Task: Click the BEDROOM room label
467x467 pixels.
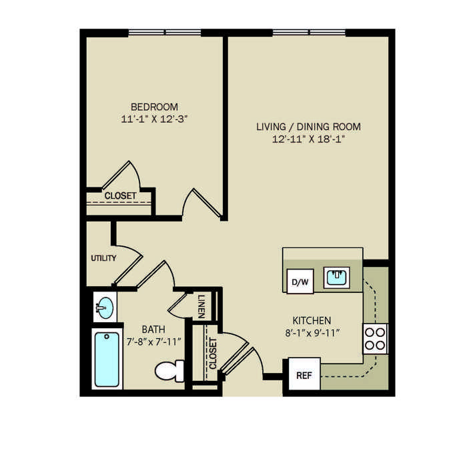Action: pyautogui.click(x=154, y=107)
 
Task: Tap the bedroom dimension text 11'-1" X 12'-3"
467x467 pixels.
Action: pyautogui.click(x=154, y=119)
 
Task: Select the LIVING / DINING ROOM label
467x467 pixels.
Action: pyautogui.click(x=308, y=127)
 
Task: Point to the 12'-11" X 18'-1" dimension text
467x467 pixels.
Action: pyautogui.click(x=308, y=139)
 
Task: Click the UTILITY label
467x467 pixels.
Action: pyautogui.click(x=103, y=258)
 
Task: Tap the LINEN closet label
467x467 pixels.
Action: pyautogui.click(x=201, y=306)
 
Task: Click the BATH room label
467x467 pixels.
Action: pyautogui.click(x=153, y=330)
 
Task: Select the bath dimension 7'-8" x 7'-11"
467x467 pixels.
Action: pyautogui.click(x=153, y=342)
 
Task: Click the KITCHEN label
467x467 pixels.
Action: pyautogui.click(x=312, y=320)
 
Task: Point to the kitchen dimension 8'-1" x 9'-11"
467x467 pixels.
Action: pyautogui.click(x=312, y=332)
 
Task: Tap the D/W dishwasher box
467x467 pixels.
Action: pyautogui.click(x=300, y=282)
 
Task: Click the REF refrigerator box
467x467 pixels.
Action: pyautogui.click(x=304, y=374)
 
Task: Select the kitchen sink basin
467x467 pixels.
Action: pyautogui.click(x=337, y=278)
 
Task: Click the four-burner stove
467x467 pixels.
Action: pyautogui.click(x=375, y=339)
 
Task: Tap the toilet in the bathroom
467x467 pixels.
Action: pyautogui.click(x=169, y=371)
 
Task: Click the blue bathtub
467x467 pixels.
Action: pyautogui.click(x=107, y=360)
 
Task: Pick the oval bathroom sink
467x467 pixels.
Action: pyautogui.click(x=105, y=308)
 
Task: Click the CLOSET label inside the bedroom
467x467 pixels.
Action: pyautogui.click(x=120, y=195)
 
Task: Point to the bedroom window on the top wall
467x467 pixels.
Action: pyautogui.click(x=165, y=32)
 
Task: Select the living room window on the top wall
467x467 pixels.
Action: pyautogui.click(x=309, y=32)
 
